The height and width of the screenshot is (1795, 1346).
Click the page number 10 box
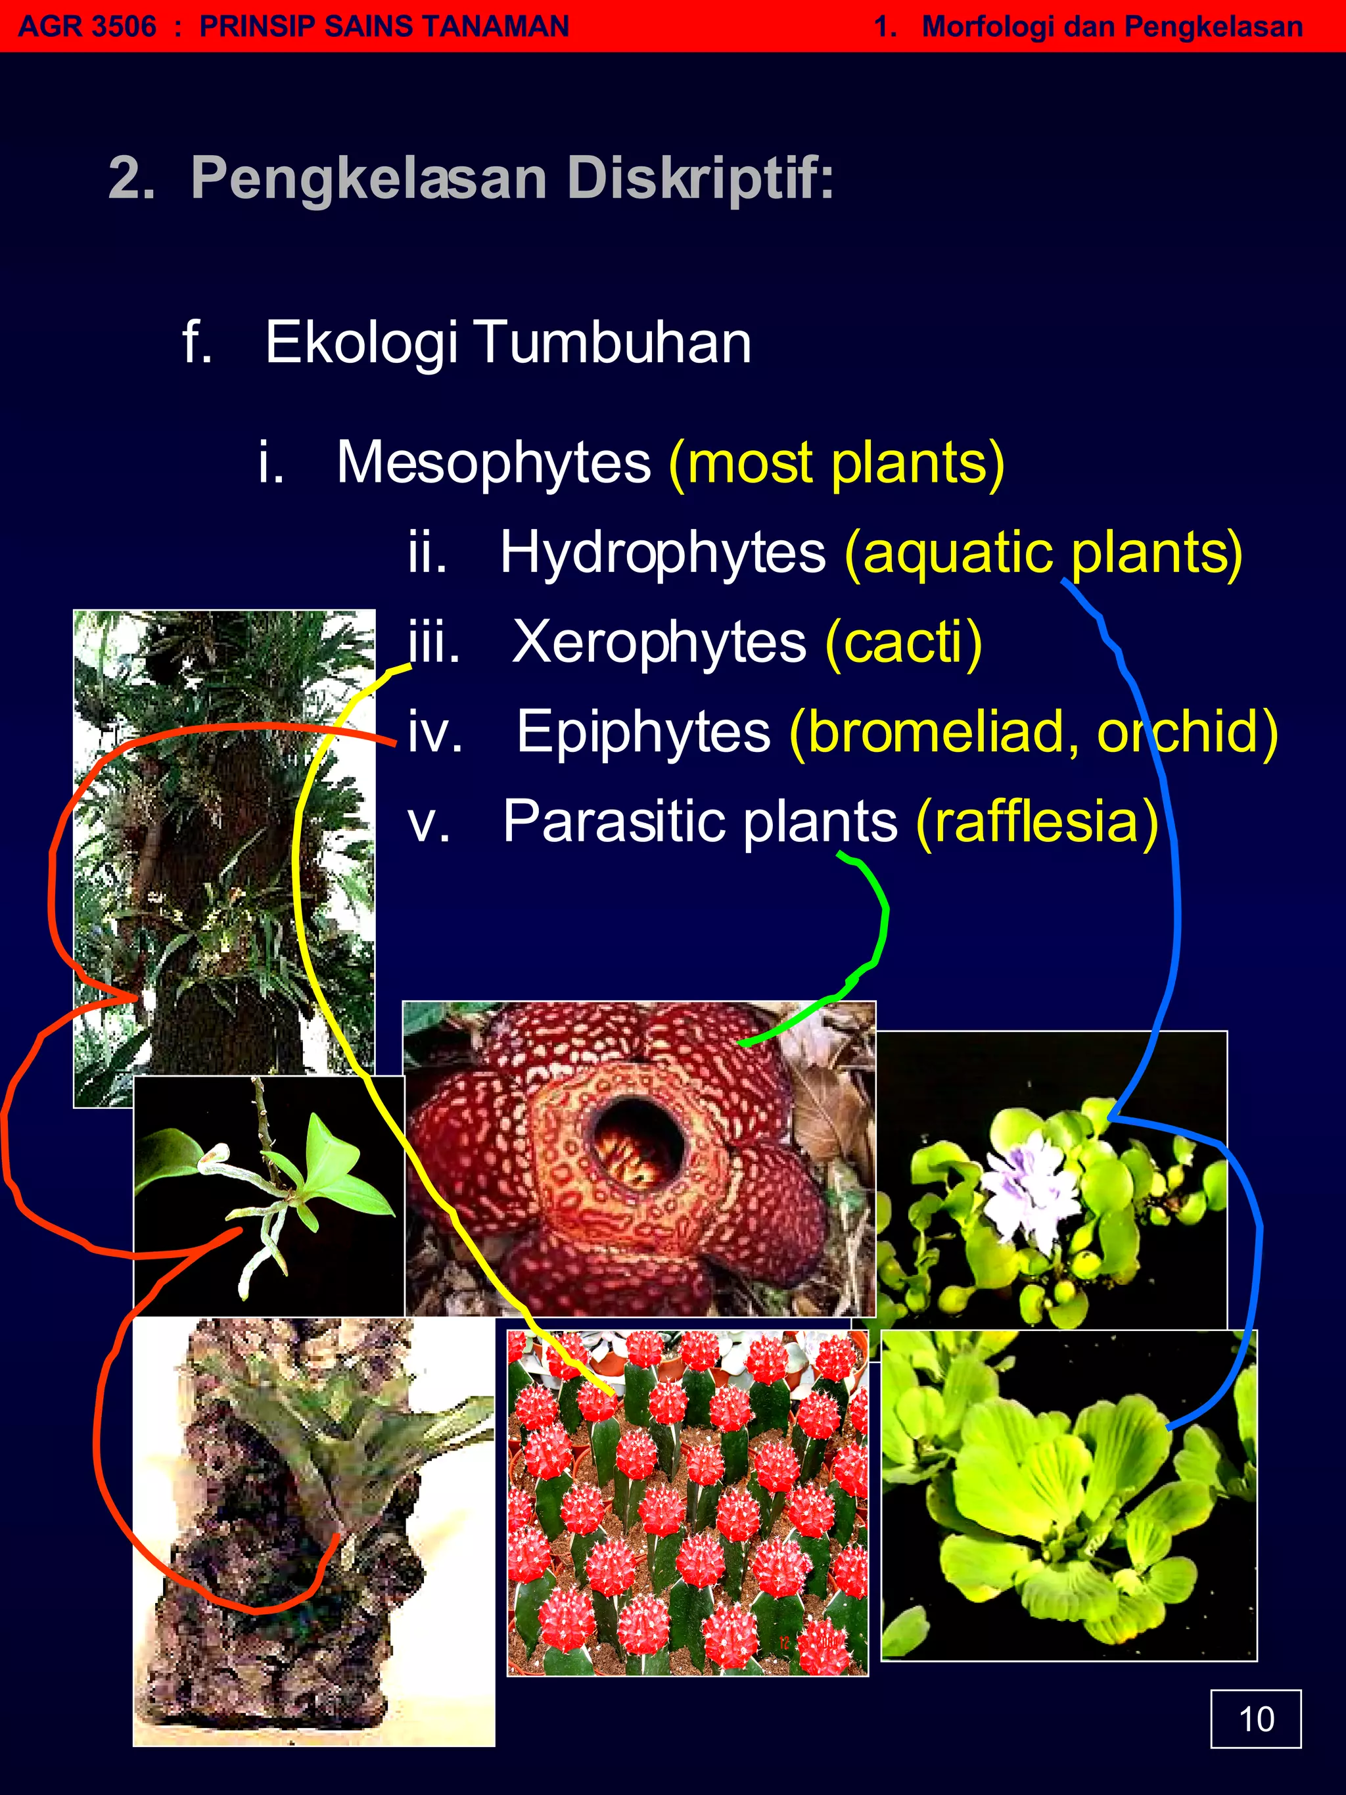pos(1255,1718)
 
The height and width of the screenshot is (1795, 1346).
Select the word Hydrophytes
pos(662,553)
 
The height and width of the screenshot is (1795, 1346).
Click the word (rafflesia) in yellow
pos(1037,821)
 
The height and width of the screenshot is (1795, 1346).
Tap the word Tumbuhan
pos(613,342)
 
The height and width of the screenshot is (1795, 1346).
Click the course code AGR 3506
pos(87,26)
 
